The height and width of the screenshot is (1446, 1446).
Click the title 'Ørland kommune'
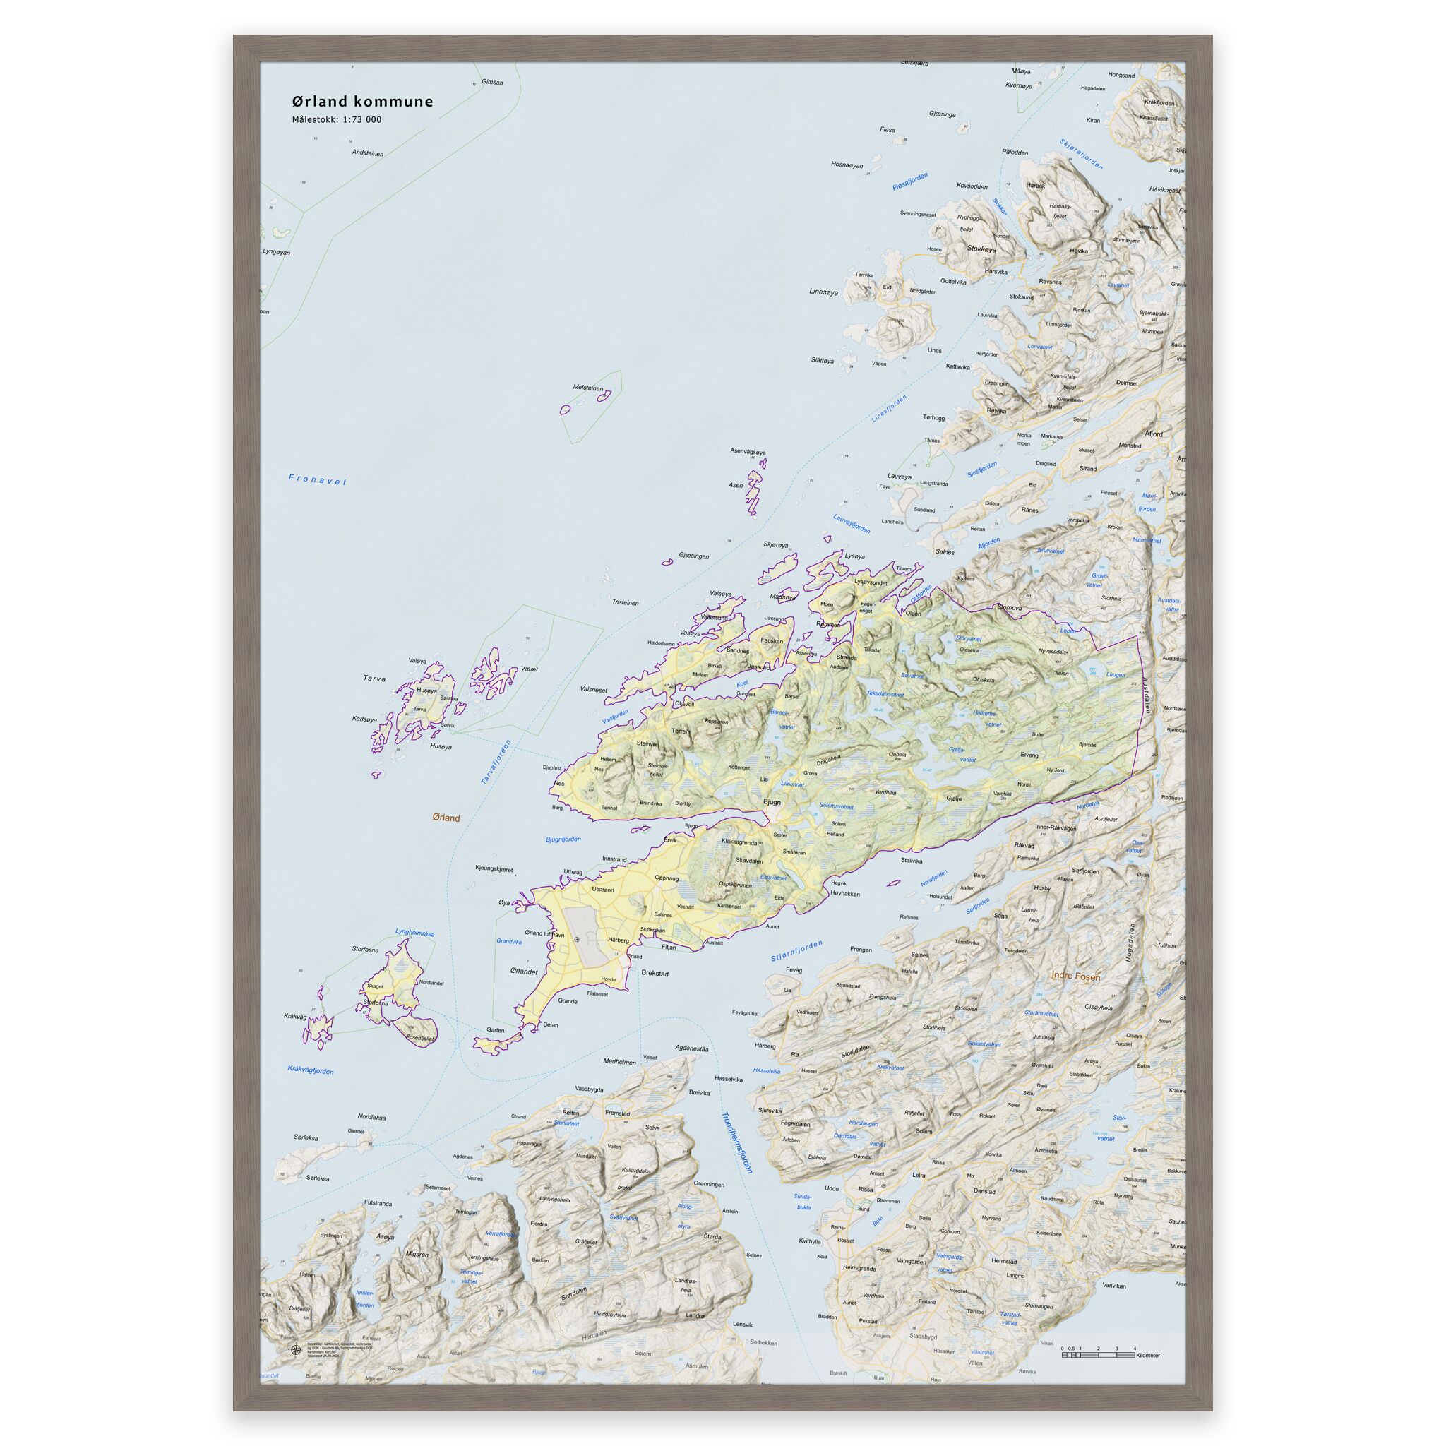(x=362, y=102)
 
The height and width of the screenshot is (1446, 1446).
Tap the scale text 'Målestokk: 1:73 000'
(x=336, y=120)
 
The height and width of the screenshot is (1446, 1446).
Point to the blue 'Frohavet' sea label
(x=317, y=479)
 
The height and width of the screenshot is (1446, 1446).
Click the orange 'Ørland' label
(x=446, y=818)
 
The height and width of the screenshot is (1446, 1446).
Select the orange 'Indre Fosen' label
(x=1075, y=976)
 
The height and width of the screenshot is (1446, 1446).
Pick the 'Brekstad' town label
(x=655, y=974)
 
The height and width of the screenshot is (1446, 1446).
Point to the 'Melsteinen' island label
(x=587, y=388)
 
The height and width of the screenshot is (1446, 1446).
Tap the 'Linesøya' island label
(x=824, y=292)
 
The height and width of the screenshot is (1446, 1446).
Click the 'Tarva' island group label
(x=374, y=679)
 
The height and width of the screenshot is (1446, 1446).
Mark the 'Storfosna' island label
(x=365, y=949)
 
